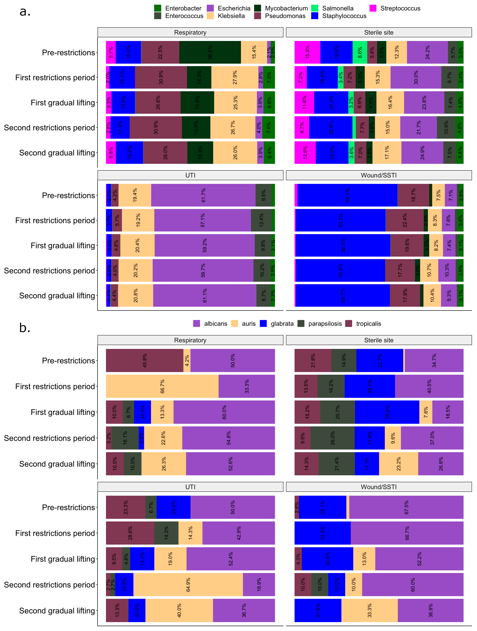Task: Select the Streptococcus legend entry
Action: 400,8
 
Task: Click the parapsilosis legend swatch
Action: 301,323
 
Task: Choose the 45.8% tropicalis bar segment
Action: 145,361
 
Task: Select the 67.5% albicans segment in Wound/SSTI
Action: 406,507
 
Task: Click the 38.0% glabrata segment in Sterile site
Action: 387,412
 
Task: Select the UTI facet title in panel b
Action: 190,487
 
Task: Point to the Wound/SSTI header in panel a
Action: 379,175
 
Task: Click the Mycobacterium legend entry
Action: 286,8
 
